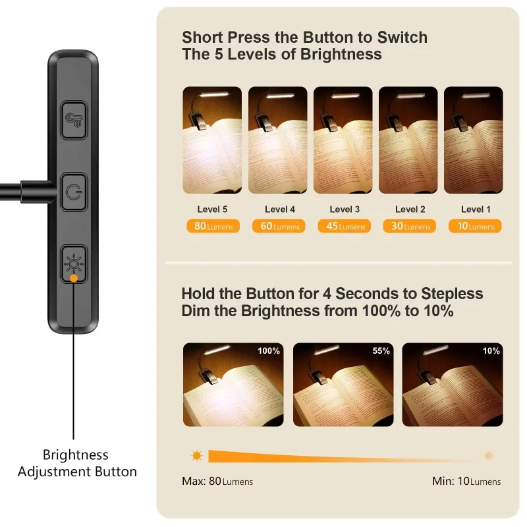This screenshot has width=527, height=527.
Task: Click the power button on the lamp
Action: point(74,192)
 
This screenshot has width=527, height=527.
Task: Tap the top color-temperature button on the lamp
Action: point(74,120)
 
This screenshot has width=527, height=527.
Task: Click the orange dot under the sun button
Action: point(74,279)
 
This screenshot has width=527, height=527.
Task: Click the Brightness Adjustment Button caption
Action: point(76,463)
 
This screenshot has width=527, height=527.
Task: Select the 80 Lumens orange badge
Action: point(212,226)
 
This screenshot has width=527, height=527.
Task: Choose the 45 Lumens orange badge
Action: point(343,226)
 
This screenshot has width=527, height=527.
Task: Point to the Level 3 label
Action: point(345,209)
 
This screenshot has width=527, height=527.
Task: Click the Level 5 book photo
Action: point(212,140)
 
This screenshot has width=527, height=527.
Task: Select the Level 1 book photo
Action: point(473,140)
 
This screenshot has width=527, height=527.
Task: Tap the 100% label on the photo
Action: point(269,351)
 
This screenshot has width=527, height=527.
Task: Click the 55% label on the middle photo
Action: point(381,351)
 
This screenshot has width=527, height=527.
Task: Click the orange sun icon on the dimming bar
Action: point(196,455)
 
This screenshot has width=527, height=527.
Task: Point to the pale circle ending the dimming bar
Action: point(488,455)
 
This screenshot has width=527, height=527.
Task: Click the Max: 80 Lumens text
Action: point(217,481)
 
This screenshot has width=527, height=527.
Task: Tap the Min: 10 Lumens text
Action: point(466,481)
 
